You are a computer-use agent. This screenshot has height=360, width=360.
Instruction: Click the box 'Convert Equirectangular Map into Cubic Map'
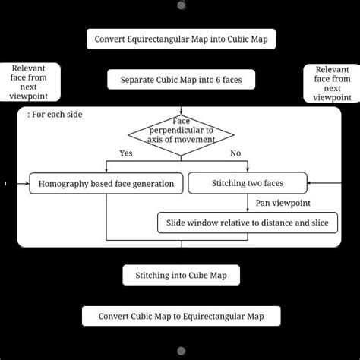click(181, 39)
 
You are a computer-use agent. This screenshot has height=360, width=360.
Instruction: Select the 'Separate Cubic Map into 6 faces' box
click(181, 79)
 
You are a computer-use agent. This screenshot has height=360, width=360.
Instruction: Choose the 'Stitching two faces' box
click(247, 183)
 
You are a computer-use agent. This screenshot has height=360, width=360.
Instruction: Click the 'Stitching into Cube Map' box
click(181, 275)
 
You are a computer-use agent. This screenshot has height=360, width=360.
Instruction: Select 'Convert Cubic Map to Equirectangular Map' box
click(181, 316)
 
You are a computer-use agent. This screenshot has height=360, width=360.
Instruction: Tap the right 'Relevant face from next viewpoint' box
click(332, 83)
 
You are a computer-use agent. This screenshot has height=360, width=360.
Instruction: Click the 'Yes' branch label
click(127, 153)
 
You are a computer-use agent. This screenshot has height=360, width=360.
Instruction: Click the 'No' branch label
click(235, 153)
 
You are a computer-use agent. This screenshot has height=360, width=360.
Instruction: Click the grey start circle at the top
click(181, 5)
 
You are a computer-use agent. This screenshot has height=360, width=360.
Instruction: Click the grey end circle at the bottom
click(181, 351)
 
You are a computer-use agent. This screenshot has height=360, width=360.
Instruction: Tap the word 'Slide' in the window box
click(174, 223)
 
